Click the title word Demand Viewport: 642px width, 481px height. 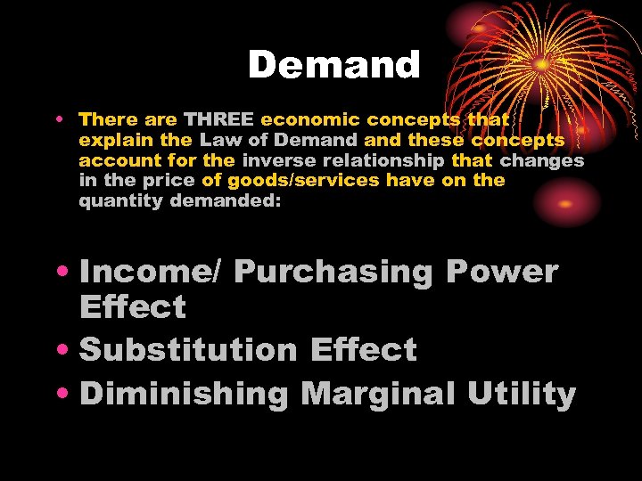pos(333,65)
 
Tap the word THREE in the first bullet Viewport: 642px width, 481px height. pos(219,119)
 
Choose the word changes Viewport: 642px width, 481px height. pos(542,160)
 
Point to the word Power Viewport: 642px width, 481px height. pos(501,272)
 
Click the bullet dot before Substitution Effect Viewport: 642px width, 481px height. pos(66,349)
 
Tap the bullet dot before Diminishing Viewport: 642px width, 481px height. pos(66,393)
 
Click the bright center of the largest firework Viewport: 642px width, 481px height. pos(541,65)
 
